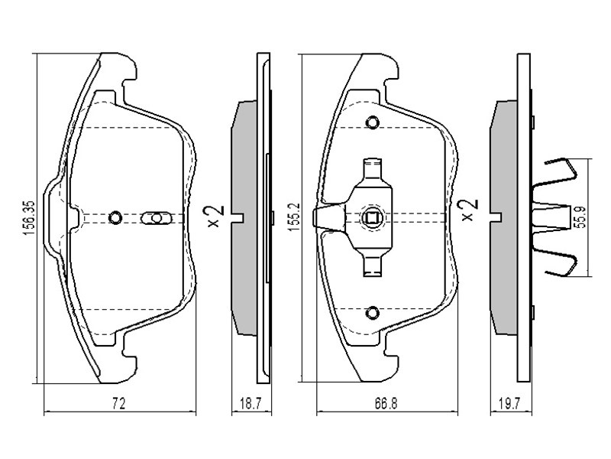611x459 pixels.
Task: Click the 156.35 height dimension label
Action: pos(30,218)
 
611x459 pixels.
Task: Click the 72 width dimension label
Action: pos(119,403)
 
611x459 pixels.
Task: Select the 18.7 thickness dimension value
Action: pos(250,404)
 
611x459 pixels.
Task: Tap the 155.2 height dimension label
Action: pos(293,217)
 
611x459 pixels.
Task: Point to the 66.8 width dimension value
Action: pos(386,404)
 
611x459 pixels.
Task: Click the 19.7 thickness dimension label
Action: pos(509,404)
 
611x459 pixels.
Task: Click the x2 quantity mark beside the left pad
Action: pos(215,216)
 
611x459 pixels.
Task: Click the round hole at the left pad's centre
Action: pos(115,217)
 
